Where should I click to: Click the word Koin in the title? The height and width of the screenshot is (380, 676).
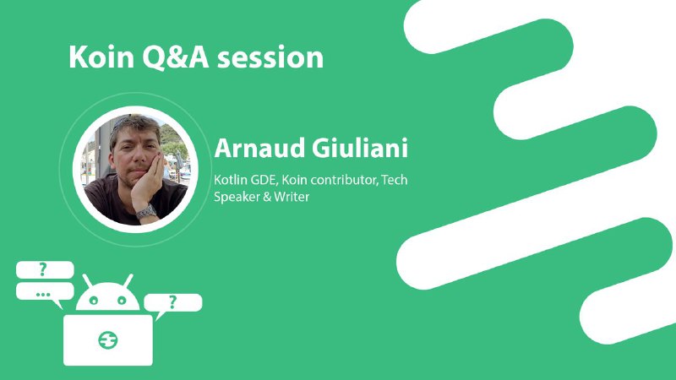point(101,57)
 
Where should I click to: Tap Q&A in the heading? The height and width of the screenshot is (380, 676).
point(177,57)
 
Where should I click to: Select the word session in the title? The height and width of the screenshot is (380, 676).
point(270,57)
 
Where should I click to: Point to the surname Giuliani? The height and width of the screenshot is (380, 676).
point(360,148)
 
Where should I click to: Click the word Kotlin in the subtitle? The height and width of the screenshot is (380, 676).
point(230,180)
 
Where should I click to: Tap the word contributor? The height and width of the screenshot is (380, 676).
point(345,180)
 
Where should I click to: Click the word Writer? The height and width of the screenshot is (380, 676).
point(292,197)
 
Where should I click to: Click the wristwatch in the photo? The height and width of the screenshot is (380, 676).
point(146,212)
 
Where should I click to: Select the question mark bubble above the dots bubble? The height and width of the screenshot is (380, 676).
point(45,269)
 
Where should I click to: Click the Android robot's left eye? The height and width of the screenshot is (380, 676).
point(94,301)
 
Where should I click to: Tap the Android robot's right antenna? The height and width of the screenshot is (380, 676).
point(128,280)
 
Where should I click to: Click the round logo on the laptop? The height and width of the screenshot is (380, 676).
point(108,340)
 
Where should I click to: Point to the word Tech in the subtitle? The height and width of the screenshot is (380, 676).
point(395,180)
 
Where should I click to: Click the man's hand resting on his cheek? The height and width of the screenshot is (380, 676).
point(146,181)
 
